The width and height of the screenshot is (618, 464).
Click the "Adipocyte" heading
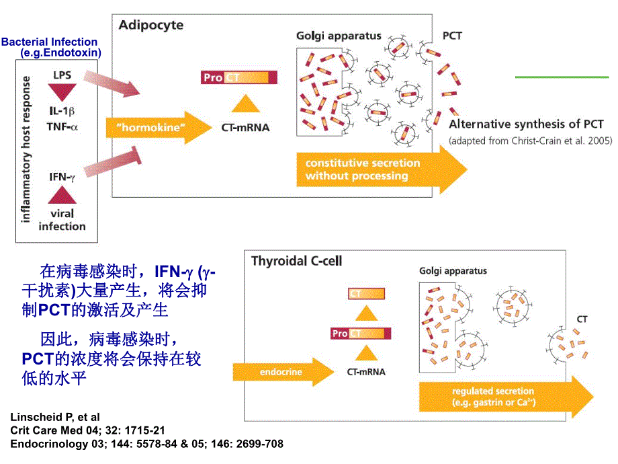[x=151, y=26]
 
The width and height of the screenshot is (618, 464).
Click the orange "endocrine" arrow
[x=281, y=371]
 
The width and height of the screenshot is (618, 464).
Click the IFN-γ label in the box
[x=61, y=177]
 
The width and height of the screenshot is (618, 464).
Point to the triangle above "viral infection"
[x=61, y=196]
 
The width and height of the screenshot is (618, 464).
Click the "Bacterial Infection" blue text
[x=49, y=42]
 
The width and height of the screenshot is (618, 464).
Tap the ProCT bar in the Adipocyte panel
[x=238, y=77]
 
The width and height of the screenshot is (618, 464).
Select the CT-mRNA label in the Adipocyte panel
[x=245, y=126]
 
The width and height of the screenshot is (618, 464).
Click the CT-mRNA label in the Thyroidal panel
[x=366, y=371]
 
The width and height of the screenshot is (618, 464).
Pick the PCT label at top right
[x=452, y=35]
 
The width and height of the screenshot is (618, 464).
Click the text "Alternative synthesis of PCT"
[x=526, y=124]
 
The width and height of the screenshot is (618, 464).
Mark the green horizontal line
[x=562, y=77]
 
